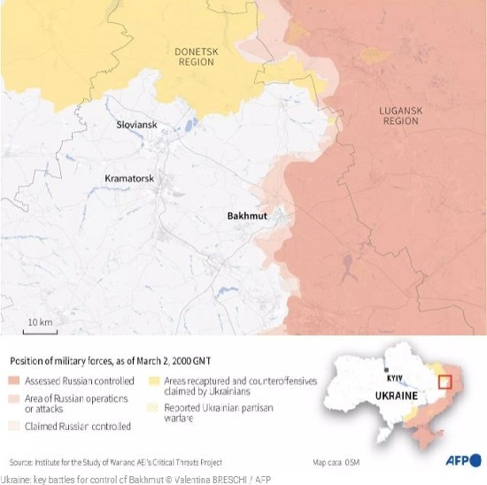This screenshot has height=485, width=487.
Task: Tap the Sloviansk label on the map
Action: click(136, 125)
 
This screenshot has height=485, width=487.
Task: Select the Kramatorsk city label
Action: click(129, 178)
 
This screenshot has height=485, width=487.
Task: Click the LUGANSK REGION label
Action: click(396, 113)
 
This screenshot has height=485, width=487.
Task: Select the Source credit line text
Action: click(115, 462)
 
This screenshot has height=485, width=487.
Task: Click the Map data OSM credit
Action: click(336, 462)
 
